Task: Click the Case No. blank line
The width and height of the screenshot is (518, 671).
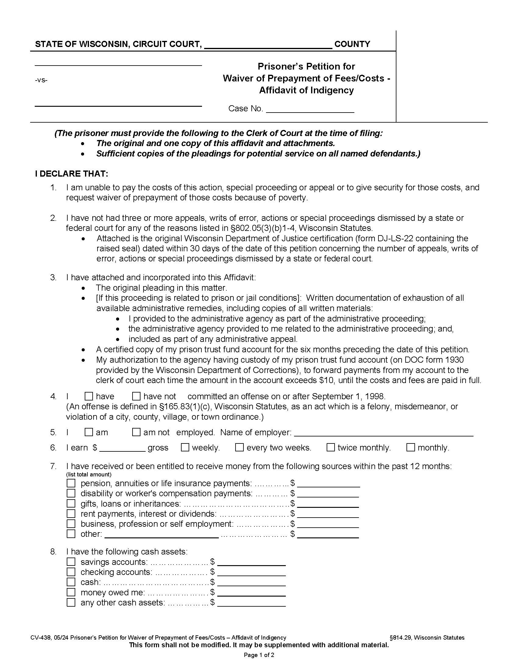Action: pos(310,110)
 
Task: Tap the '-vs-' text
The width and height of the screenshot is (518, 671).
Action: pos(41,81)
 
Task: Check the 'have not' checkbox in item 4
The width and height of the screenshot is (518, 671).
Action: pos(136,396)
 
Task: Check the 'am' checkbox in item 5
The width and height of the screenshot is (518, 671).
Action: pos(89,432)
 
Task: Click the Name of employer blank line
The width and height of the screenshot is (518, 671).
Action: pos(384,433)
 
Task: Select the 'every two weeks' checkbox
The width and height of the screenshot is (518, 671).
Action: pos(239,447)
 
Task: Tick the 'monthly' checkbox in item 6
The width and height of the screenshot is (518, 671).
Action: pos(411,447)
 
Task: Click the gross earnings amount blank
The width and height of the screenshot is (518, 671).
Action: pos(122,448)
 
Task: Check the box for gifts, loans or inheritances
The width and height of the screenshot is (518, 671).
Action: pos(71,504)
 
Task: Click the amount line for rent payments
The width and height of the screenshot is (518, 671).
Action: pos(328,514)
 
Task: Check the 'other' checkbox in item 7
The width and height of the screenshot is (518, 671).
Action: pos(71,534)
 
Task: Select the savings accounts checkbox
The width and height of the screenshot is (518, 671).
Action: pos(71,562)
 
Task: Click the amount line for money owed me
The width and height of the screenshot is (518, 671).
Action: pos(251,593)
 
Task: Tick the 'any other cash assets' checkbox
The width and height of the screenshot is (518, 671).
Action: pos(71,602)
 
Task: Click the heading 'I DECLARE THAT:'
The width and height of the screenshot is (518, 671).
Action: pos(72,174)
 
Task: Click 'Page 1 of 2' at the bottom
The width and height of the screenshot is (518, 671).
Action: pos(259,655)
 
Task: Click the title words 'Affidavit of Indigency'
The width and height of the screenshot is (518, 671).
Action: pos(306,90)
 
